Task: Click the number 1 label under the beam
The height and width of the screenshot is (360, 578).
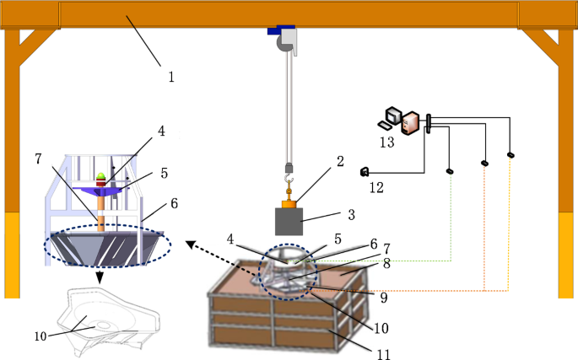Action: [x=170, y=78]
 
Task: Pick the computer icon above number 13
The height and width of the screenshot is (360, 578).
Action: [x=404, y=122]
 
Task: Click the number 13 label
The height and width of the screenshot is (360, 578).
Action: [x=386, y=143]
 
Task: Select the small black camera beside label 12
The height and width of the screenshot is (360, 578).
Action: [x=365, y=172]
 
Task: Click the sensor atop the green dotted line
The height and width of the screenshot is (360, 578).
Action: [x=450, y=171]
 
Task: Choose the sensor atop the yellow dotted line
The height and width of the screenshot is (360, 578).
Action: [x=510, y=155]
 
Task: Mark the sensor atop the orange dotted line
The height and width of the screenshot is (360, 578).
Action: [x=484, y=163]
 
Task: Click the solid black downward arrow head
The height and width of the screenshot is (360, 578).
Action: [x=100, y=278]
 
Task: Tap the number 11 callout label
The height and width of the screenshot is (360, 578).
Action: [x=383, y=354]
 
